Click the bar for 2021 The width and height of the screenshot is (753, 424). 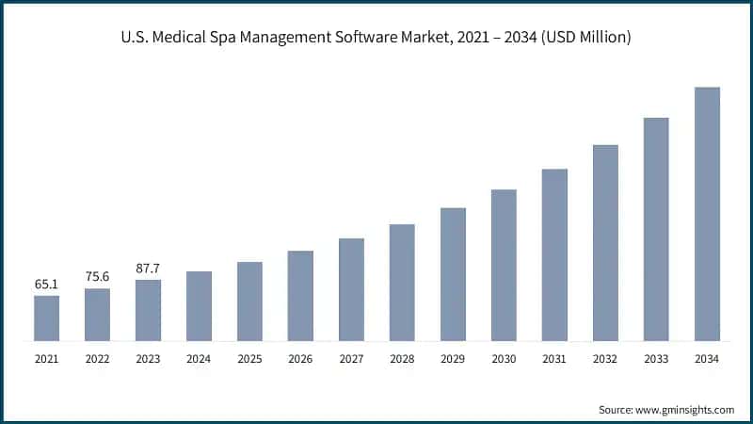point(46,318)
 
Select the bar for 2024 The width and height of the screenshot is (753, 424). point(199,306)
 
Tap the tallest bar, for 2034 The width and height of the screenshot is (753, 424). point(707,214)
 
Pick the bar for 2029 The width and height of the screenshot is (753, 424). point(453,274)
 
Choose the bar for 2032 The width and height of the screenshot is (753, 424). point(605,243)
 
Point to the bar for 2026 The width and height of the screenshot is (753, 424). point(300,296)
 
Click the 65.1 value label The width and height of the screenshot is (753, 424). point(46,283)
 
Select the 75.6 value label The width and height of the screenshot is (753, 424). point(97,275)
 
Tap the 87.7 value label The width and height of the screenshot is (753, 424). point(148,268)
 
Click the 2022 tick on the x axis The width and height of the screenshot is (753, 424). point(97,359)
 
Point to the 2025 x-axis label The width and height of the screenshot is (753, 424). point(249,359)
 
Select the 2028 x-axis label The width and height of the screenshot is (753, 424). point(402,359)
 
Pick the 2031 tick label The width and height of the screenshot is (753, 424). point(554,359)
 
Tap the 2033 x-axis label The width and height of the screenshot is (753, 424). point(656,359)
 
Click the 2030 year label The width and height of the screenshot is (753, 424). point(504,359)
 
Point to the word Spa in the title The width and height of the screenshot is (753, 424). point(238,39)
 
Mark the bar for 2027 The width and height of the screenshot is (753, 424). point(351,289)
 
